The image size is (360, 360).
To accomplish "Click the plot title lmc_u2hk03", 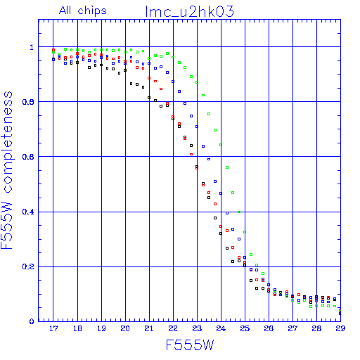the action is pos(190,12).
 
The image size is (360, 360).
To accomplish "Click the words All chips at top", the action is pos(83,11).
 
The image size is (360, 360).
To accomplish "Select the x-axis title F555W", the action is pos(190,345).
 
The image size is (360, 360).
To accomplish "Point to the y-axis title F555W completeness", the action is pos(7,170).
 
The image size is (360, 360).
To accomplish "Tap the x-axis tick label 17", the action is pos(53,328).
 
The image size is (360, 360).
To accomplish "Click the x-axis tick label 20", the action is pos(125,328).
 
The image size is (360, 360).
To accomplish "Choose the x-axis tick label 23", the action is pos(197,328).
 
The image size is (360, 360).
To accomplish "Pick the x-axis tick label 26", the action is pos(269,328).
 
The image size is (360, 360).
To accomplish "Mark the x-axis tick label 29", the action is pos(340,328).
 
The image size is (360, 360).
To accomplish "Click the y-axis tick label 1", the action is pos(32,47).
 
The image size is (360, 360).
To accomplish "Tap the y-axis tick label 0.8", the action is pos(28,102).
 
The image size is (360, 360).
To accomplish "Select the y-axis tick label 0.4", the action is pos(28,212).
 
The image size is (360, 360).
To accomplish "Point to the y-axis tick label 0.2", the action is pos(28,266).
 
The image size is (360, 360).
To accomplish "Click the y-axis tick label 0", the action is pos(32,321).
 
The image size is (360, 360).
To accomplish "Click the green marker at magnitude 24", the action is pos(221,145).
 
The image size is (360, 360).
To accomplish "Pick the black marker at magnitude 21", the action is pos(149,98).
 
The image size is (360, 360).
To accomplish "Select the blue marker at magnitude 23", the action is pos(197,127).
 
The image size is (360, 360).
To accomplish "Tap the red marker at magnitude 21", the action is pos(149,78).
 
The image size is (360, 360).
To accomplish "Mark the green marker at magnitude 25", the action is pos(245,232).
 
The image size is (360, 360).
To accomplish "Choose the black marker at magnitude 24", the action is pos(221,233).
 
